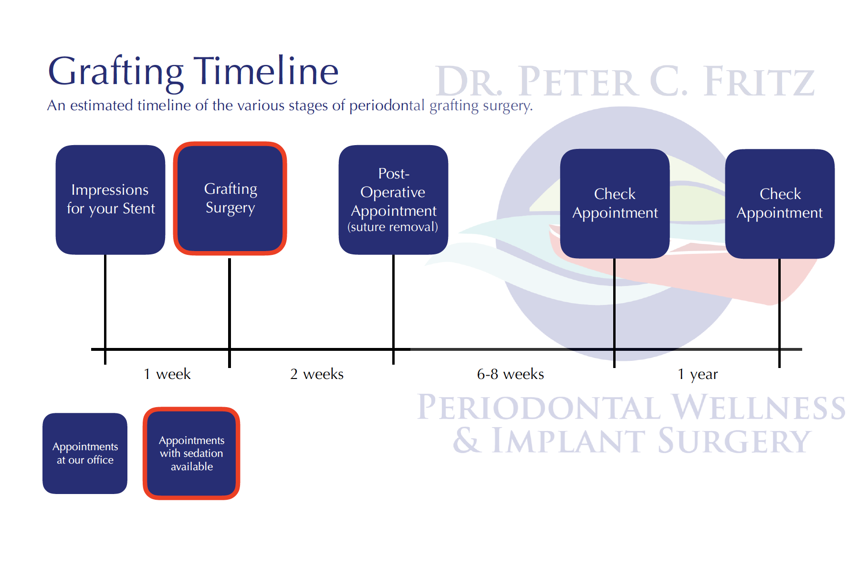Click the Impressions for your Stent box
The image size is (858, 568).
click(110, 200)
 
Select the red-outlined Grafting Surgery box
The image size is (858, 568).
click(230, 199)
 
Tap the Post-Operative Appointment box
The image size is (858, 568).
click(393, 200)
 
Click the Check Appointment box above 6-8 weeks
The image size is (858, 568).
click(615, 204)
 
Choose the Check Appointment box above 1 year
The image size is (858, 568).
click(780, 204)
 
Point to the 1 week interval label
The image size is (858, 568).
click(167, 374)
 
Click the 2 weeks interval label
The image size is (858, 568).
click(317, 374)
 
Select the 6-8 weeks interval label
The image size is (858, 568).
click(510, 374)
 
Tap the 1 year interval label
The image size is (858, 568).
click(698, 374)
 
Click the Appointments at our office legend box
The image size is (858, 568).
click(85, 453)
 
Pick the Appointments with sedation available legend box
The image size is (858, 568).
click(191, 453)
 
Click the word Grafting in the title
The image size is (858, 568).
click(116, 72)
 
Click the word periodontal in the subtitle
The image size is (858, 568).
click(387, 105)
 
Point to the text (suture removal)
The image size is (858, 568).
click(393, 227)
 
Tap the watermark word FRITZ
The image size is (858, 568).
click(759, 82)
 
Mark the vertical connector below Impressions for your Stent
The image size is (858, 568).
click(105, 301)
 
